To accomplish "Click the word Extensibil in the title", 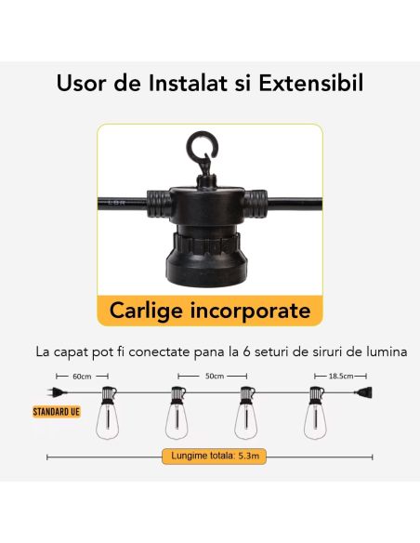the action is point(310,83).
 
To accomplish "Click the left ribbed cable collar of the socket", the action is point(159,204).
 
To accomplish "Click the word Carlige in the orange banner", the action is point(146,311).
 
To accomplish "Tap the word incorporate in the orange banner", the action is point(250,311).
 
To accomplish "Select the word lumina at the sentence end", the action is point(387,351).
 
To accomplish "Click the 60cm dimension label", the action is point(82,377).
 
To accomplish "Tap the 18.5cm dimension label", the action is point(341,376).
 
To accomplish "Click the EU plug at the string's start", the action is point(57,392).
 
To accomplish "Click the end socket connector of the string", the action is point(363,392).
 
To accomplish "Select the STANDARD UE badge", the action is point(57,412).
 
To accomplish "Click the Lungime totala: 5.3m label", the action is point(215,456).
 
